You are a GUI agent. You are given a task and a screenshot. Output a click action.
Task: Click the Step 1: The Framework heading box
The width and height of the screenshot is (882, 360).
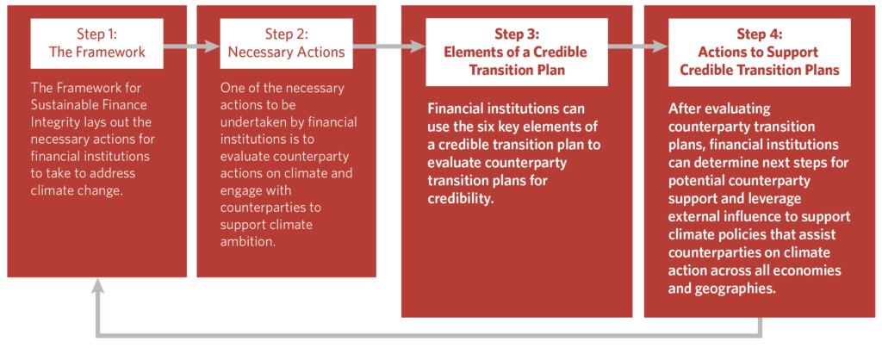[96, 43]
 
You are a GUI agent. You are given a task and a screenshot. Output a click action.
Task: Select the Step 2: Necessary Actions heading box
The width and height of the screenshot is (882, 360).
[286, 43]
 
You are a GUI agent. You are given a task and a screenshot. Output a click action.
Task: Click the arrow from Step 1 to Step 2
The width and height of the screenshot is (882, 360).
[190, 47]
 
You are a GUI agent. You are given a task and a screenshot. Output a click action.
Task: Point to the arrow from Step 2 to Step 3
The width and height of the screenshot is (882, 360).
[388, 47]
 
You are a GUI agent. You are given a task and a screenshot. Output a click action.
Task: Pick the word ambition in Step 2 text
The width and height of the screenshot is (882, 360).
[250, 242]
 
